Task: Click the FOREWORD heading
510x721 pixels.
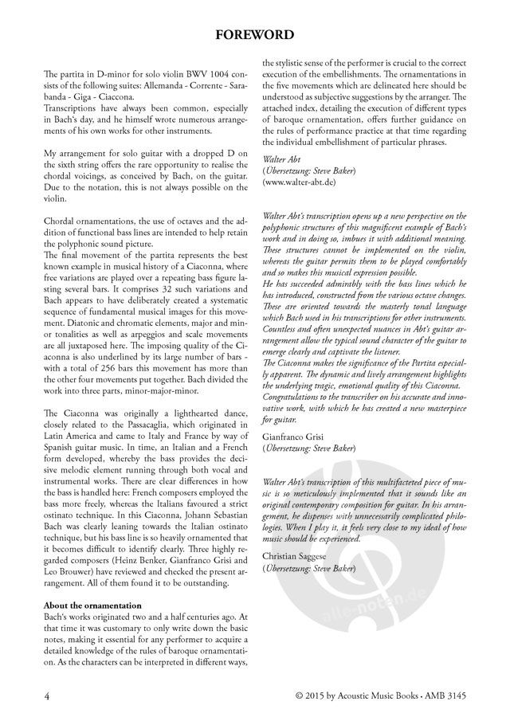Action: [255, 34]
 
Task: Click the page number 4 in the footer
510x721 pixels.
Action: [47, 695]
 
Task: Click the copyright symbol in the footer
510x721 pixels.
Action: [298, 695]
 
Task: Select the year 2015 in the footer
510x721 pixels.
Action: [316, 695]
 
